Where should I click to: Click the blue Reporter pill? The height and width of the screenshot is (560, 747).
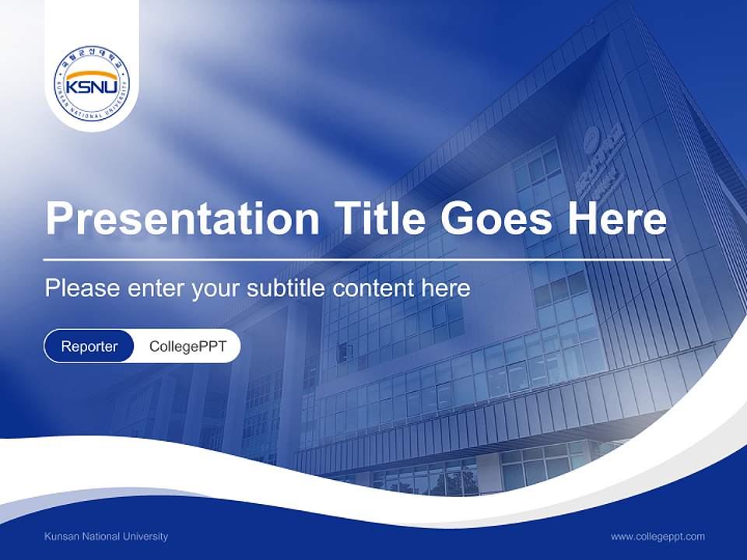[x=89, y=346]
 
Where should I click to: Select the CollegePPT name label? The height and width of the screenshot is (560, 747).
[x=188, y=346]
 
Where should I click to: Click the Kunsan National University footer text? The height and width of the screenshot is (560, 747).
[x=106, y=537]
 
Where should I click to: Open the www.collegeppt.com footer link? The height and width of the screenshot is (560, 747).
[x=658, y=537]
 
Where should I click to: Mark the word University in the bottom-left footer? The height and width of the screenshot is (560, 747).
[x=146, y=537]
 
